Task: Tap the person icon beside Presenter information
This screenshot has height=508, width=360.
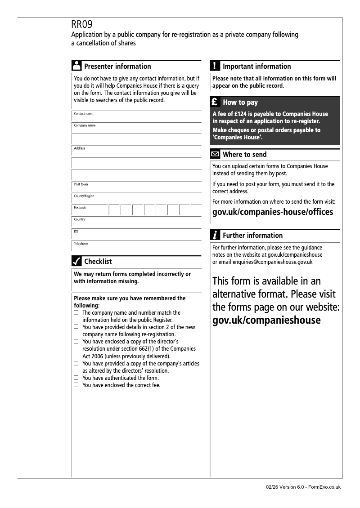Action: (76, 66)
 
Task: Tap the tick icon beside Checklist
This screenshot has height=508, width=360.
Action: (76, 261)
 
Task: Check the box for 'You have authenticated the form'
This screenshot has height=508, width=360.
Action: (76, 378)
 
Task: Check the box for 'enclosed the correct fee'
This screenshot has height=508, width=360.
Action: (76, 385)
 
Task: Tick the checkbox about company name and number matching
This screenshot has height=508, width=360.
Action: (76, 312)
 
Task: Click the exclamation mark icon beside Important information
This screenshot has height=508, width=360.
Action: (215, 66)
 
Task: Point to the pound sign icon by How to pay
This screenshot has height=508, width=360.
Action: (215, 102)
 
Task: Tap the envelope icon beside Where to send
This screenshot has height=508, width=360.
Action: (215, 155)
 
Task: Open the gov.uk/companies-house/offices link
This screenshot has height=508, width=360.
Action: (273, 212)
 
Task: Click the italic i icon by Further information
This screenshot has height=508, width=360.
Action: (215, 235)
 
